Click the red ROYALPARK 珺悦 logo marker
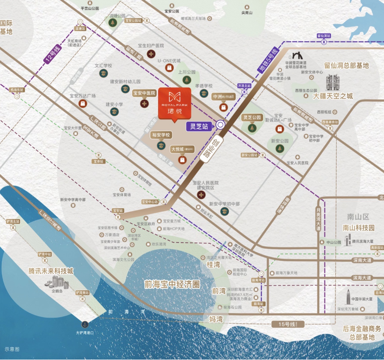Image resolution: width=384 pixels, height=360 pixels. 174,102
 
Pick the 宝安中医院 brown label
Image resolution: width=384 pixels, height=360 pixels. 144,93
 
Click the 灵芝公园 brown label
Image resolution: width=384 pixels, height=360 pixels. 252,117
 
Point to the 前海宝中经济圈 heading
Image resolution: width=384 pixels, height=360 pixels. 171,284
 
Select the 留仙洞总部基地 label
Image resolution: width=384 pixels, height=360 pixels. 346,66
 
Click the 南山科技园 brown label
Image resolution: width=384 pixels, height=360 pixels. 359,228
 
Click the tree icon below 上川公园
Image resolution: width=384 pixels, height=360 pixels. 187,80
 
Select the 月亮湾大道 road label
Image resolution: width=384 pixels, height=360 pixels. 318,214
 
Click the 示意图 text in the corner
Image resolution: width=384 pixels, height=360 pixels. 12,349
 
